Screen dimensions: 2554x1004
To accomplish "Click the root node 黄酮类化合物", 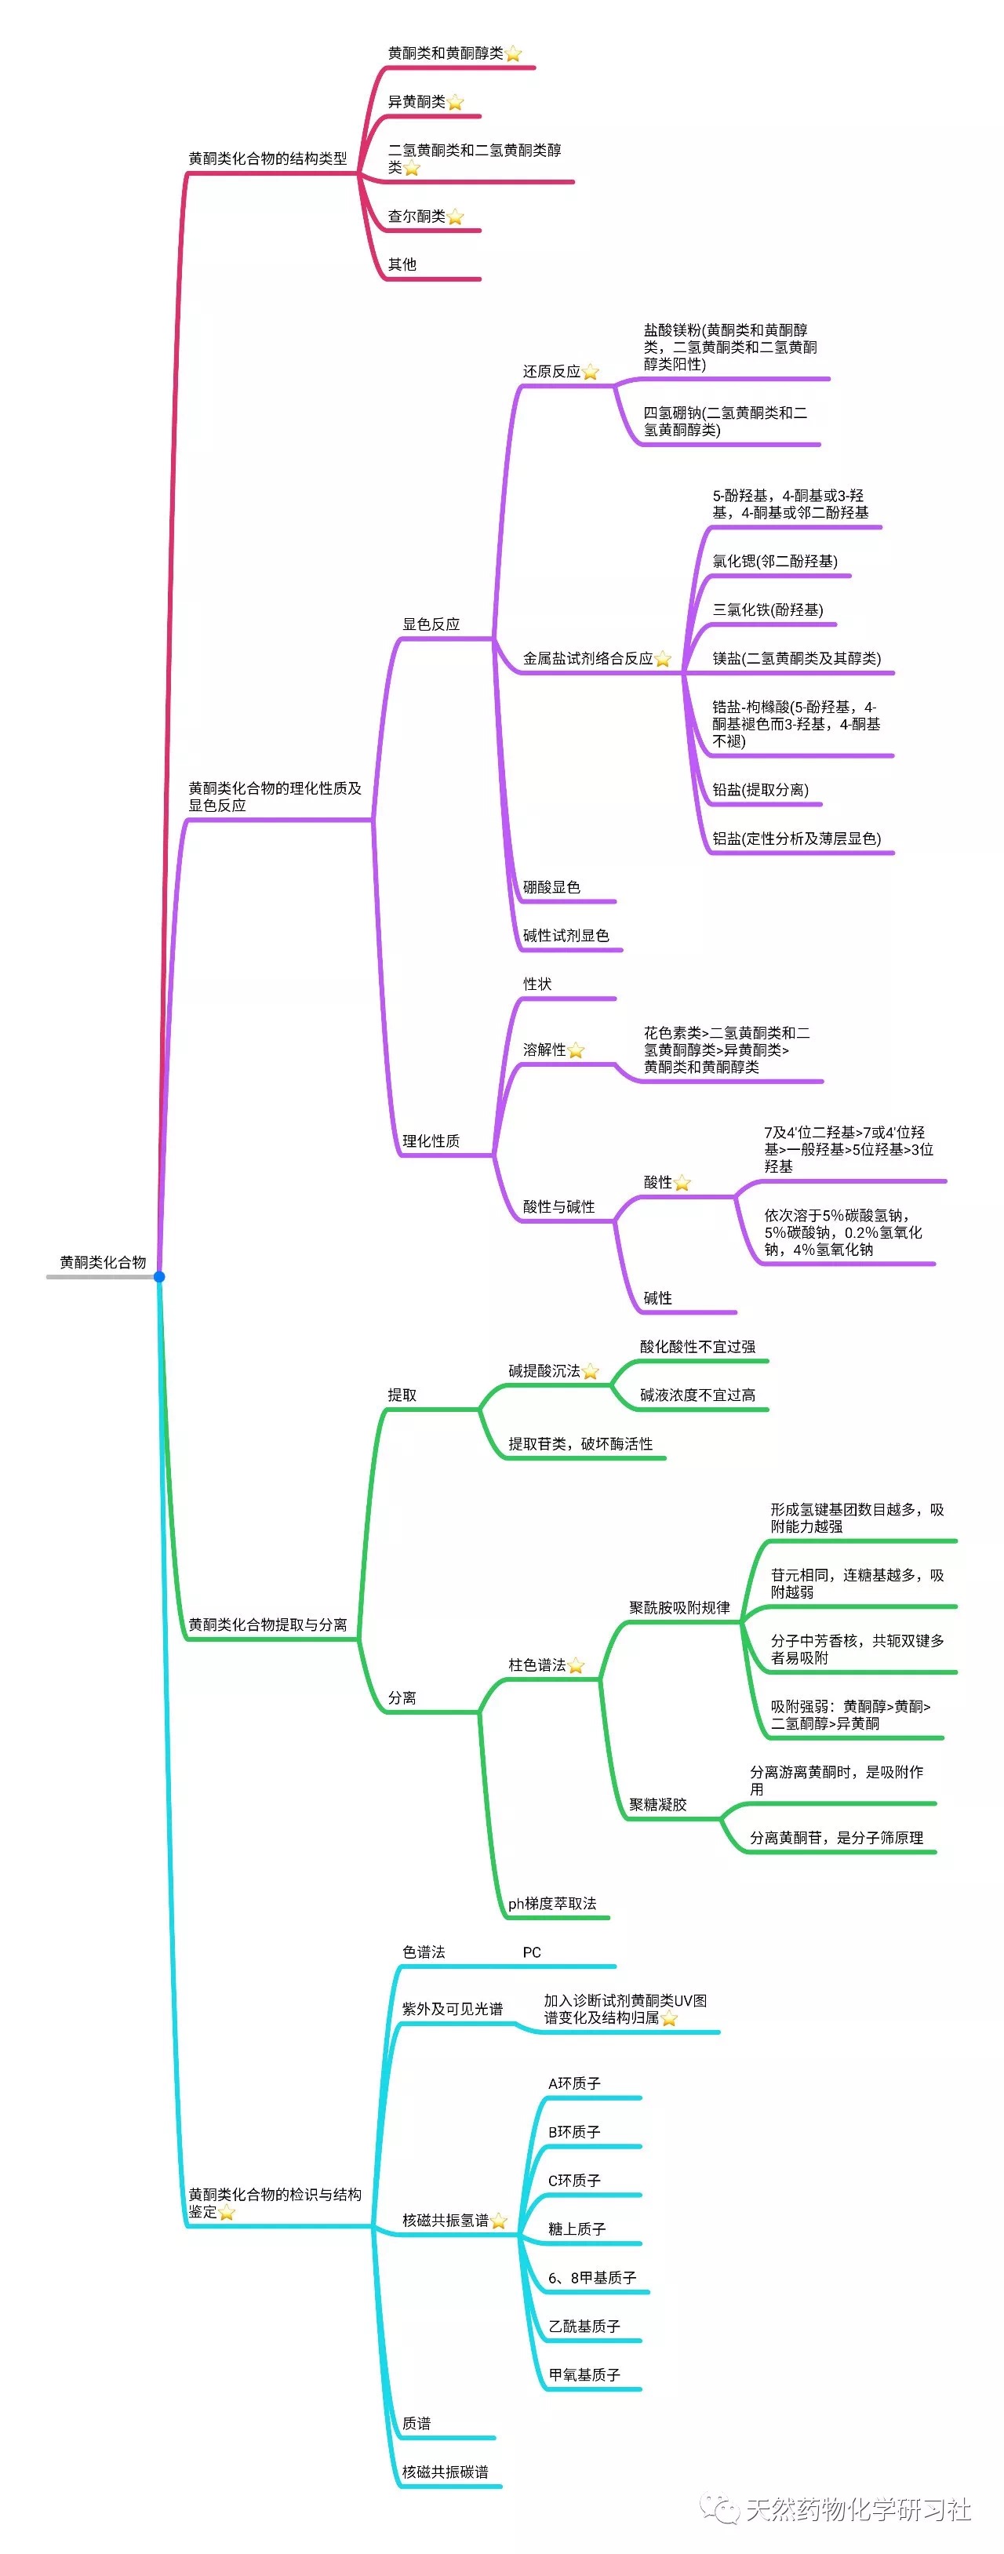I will click(102, 1262).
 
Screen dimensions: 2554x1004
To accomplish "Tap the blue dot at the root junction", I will click(158, 1276).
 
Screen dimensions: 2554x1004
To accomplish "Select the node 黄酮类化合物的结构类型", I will click(267, 158).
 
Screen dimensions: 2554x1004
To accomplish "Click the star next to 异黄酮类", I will click(455, 102).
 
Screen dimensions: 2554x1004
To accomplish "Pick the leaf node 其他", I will click(402, 264).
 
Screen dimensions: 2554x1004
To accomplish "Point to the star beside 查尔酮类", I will click(455, 216).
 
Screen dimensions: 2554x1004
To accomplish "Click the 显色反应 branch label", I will click(431, 624).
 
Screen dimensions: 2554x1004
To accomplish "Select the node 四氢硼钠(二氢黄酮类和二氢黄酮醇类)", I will click(725, 421).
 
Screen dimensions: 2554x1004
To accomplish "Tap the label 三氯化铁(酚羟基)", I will click(767, 609).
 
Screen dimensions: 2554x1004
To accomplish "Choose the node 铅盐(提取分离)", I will click(760, 790).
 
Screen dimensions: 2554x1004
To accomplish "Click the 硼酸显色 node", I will click(551, 887).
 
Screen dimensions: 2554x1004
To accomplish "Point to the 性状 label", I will click(537, 984).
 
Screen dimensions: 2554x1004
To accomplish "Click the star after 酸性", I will click(682, 1183).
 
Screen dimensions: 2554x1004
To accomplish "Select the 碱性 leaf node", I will click(657, 1298).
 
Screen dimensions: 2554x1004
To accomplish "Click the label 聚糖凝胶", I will click(657, 1804).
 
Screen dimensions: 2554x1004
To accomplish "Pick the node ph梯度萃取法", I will click(552, 1904).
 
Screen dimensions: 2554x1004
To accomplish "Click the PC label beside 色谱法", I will click(533, 1952).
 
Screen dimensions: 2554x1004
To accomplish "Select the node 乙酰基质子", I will click(584, 2326).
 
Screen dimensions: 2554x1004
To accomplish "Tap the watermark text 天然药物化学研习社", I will click(857, 2509).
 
